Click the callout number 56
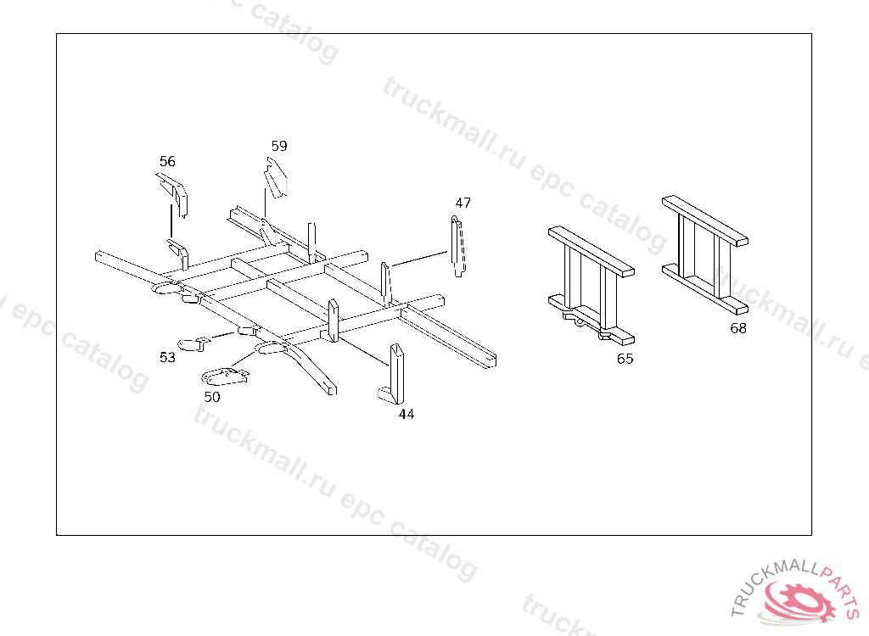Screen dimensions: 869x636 (167, 161)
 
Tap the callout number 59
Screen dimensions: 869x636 (279, 146)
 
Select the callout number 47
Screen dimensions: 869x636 (463, 203)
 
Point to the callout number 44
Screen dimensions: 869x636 (406, 414)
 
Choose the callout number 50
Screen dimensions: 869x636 (212, 397)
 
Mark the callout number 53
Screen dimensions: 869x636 (167, 357)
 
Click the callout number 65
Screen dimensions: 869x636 (625, 359)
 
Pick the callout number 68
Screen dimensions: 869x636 (738, 328)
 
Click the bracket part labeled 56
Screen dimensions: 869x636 (174, 194)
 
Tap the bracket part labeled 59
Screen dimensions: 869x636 (276, 177)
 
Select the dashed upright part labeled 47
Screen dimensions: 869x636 (457, 247)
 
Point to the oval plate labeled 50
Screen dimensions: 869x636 (225, 377)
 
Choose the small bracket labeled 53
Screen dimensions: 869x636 (193, 343)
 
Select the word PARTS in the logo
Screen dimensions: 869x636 (841, 589)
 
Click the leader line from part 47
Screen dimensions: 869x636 (418, 258)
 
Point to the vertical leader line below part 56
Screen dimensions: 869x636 (171, 221)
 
